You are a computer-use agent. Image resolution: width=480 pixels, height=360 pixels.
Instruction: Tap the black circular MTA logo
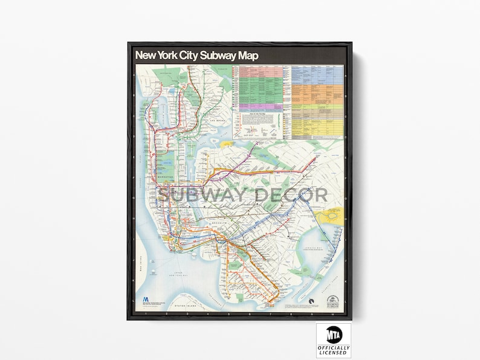(x=333, y=334)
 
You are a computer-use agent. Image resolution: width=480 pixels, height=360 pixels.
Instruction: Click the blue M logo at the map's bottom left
(x=145, y=300)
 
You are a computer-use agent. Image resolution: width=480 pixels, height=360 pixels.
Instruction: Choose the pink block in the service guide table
(x=261, y=71)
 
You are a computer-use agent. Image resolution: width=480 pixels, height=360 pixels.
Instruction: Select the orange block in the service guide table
(x=317, y=91)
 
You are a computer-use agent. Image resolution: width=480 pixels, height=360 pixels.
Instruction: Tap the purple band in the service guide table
(x=261, y=108)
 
